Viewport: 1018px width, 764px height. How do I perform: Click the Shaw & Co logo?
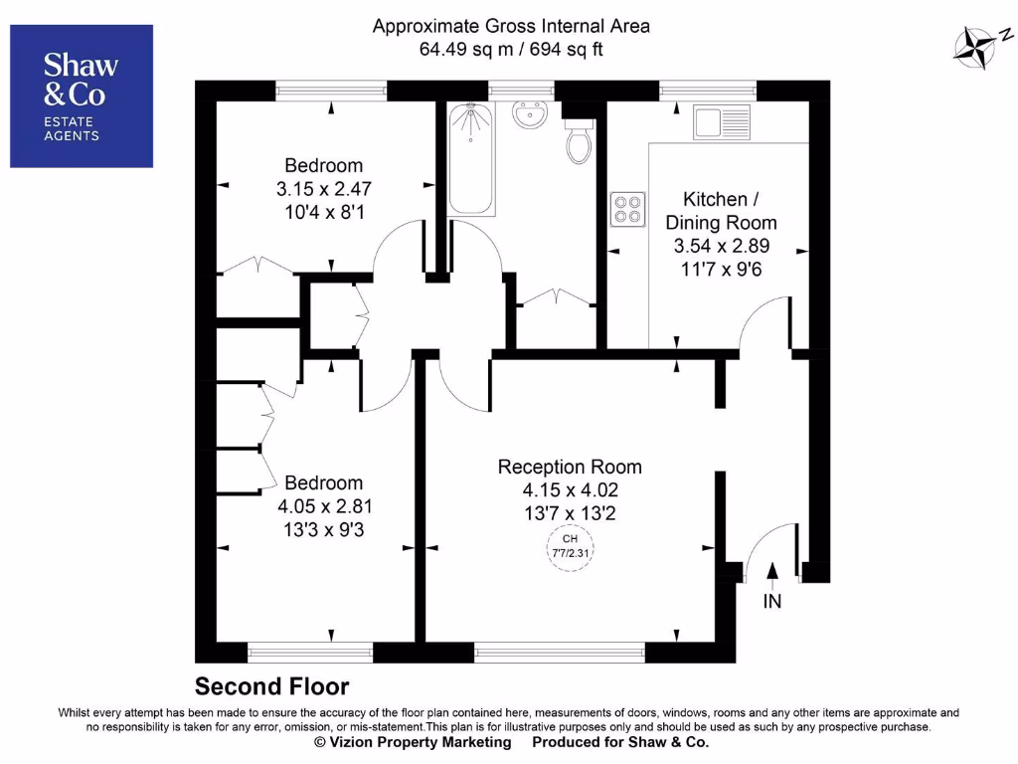click(82, 95)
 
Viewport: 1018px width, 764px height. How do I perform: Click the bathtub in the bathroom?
click(470, 159)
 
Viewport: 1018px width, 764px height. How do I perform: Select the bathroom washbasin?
click(532, 116)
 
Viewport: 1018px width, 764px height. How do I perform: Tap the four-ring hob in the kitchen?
click(627, 209)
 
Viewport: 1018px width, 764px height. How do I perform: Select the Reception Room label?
click(570, 467)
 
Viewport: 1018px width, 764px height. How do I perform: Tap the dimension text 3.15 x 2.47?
click(324, 188)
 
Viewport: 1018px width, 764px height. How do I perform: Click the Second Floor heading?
click(271, 686)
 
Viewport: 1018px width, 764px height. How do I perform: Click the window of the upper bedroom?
click(330, 91)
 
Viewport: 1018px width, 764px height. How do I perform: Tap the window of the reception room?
click(560, 653)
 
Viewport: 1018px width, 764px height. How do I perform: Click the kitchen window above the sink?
click(708, 91)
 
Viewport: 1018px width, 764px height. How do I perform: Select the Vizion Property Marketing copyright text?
click(413, 742)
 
